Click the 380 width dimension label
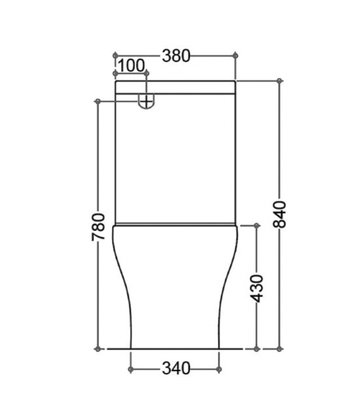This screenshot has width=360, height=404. (x=175, y=55)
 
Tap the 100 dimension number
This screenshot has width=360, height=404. (x=131, y=66)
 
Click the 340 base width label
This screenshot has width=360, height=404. (x=175, y=368)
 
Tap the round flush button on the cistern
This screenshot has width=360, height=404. (x=147, y=99)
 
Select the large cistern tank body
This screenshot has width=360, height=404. (x=175, y=159)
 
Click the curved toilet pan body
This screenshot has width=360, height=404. (x=175, y=287)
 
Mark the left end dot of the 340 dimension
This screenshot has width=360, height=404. (x=132, y=368)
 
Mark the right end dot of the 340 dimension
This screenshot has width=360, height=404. (x=219, y=368)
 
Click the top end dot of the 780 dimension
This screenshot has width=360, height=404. (x=98, y=100)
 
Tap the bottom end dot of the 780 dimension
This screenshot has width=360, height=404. (x=98, y=349)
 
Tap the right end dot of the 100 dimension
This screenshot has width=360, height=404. (x=147, y=74)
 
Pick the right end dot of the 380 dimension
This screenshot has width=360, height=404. (x=237, y=55)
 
